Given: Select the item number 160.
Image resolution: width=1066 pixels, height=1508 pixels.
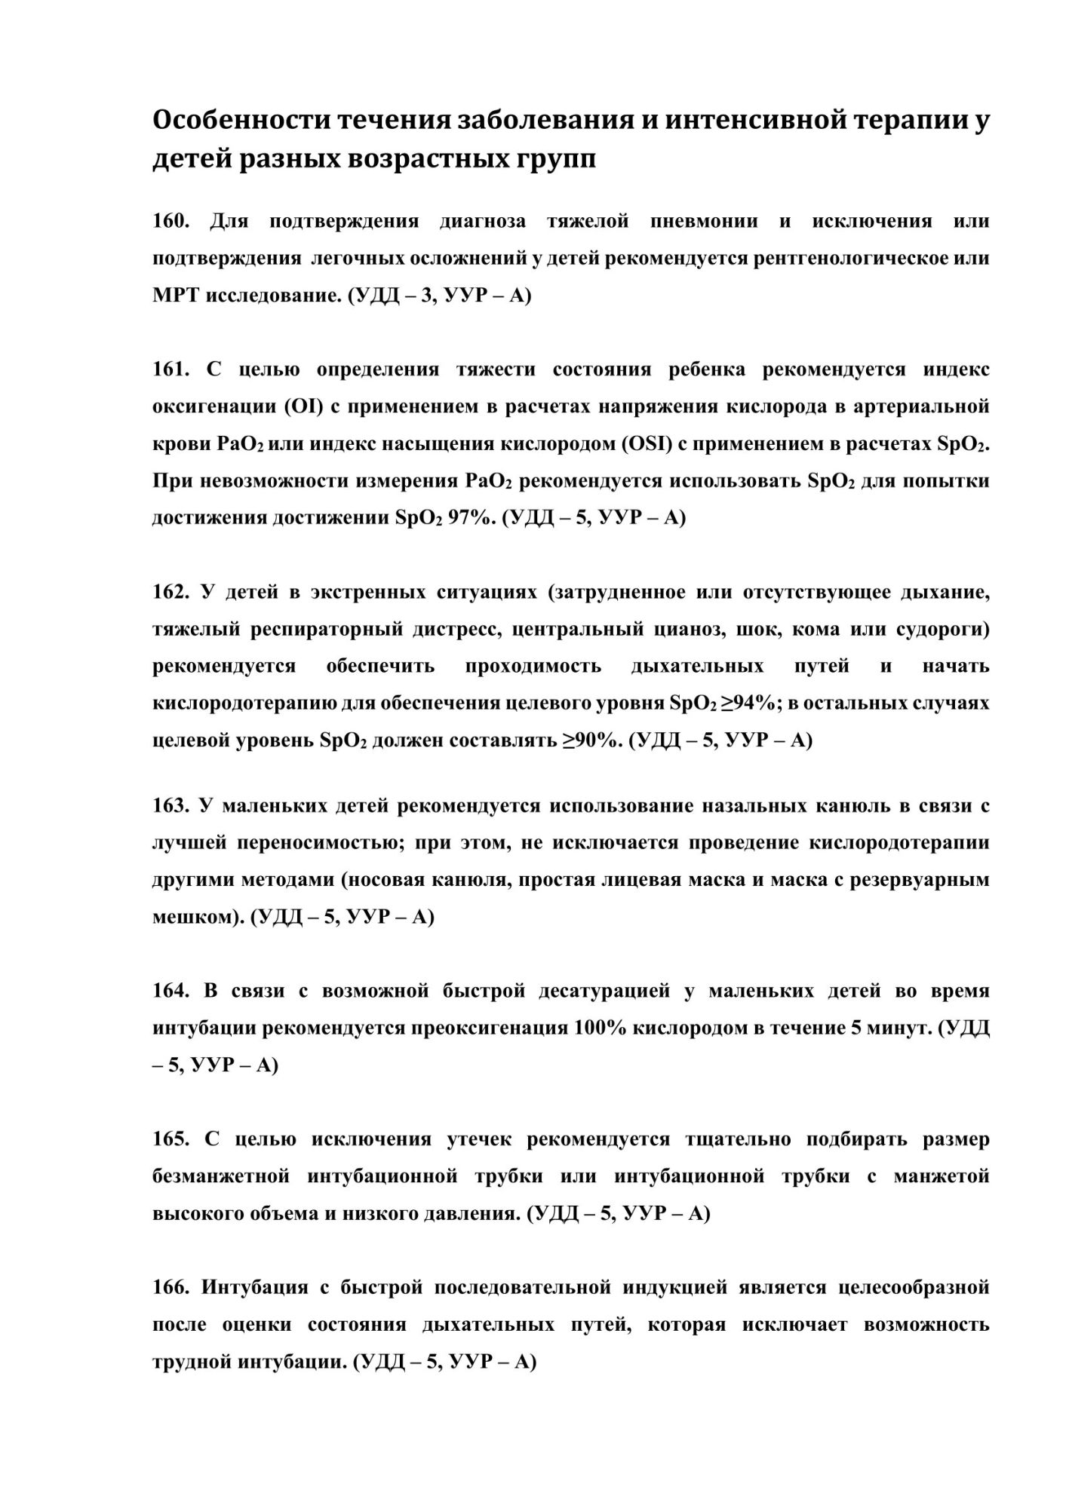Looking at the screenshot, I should click(x=170, y=222).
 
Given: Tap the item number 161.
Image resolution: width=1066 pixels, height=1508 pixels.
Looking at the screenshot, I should click(x=170, y=370).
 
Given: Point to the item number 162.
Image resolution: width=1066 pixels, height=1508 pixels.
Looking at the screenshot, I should click(x=170, y=593).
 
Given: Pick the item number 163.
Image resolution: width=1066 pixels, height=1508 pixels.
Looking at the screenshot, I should click(x=170, y=806).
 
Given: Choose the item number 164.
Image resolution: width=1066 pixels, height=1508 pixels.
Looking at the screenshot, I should click(x=170, y=991).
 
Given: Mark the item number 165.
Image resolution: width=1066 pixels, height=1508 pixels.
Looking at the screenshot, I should click(x=170, y=1139).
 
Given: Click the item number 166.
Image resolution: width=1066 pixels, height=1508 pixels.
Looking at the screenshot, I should click(x=170, y=1287).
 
